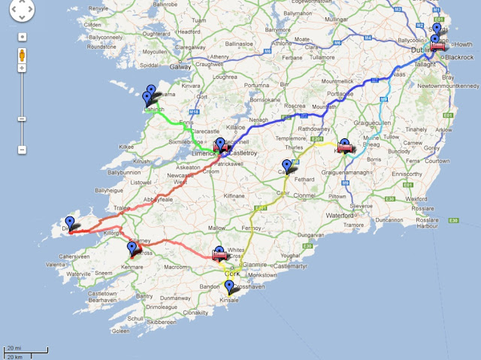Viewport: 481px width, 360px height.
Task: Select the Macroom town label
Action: coord(175,266)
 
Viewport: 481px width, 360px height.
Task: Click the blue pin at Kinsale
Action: coord(230,286)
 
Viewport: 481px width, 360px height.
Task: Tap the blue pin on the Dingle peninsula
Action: coord(70,222)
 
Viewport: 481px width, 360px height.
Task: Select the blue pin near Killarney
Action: coord(132,248)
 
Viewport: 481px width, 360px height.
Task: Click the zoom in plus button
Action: coord(23,68)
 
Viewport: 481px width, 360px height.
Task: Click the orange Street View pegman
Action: coord(23,54)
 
